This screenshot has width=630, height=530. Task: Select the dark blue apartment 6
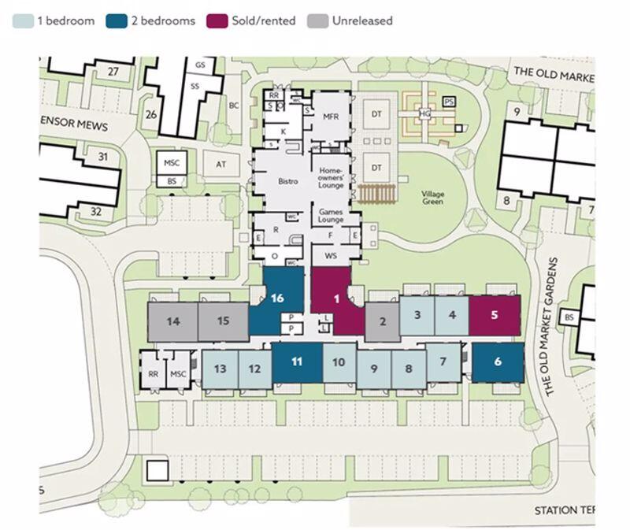(498, 362)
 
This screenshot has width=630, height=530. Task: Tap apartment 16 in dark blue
(276, 298)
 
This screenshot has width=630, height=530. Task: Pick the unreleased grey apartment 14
(172, 321)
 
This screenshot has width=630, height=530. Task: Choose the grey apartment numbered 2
(382, 321)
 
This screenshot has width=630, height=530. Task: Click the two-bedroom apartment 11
(297, 362)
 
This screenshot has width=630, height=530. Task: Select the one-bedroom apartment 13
(220, 369)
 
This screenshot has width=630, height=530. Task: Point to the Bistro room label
(288, 181)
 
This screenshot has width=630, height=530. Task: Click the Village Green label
(432, 198)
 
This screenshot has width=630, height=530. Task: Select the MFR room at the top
(330, 116)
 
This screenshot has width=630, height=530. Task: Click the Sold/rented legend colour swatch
(217, 21)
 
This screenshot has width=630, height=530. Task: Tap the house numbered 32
(96, 211)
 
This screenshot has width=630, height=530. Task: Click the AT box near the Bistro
(220, 164)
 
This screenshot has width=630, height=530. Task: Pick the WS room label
(330, 258)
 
